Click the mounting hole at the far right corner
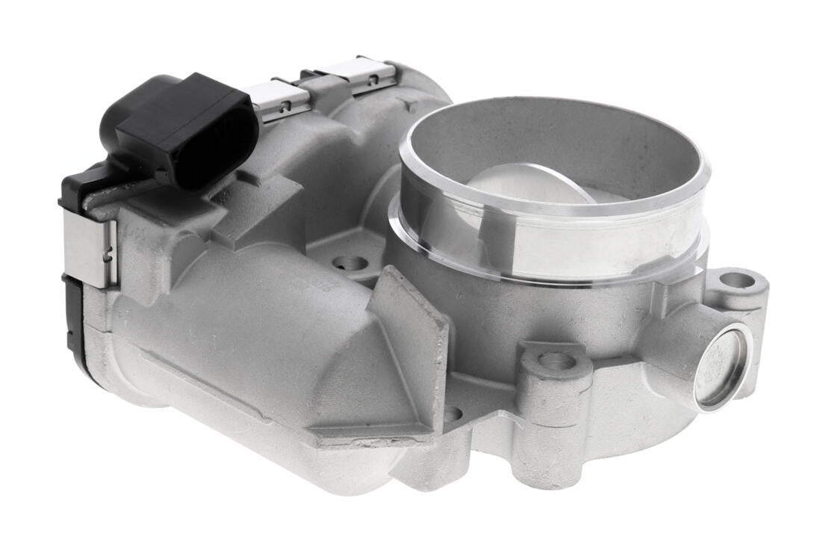tap(737, 280)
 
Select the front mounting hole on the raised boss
tap(556, 361)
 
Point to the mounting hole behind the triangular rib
tap(350, 263)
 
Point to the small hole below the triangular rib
tap(452, 413)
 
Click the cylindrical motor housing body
tap(246, 351)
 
